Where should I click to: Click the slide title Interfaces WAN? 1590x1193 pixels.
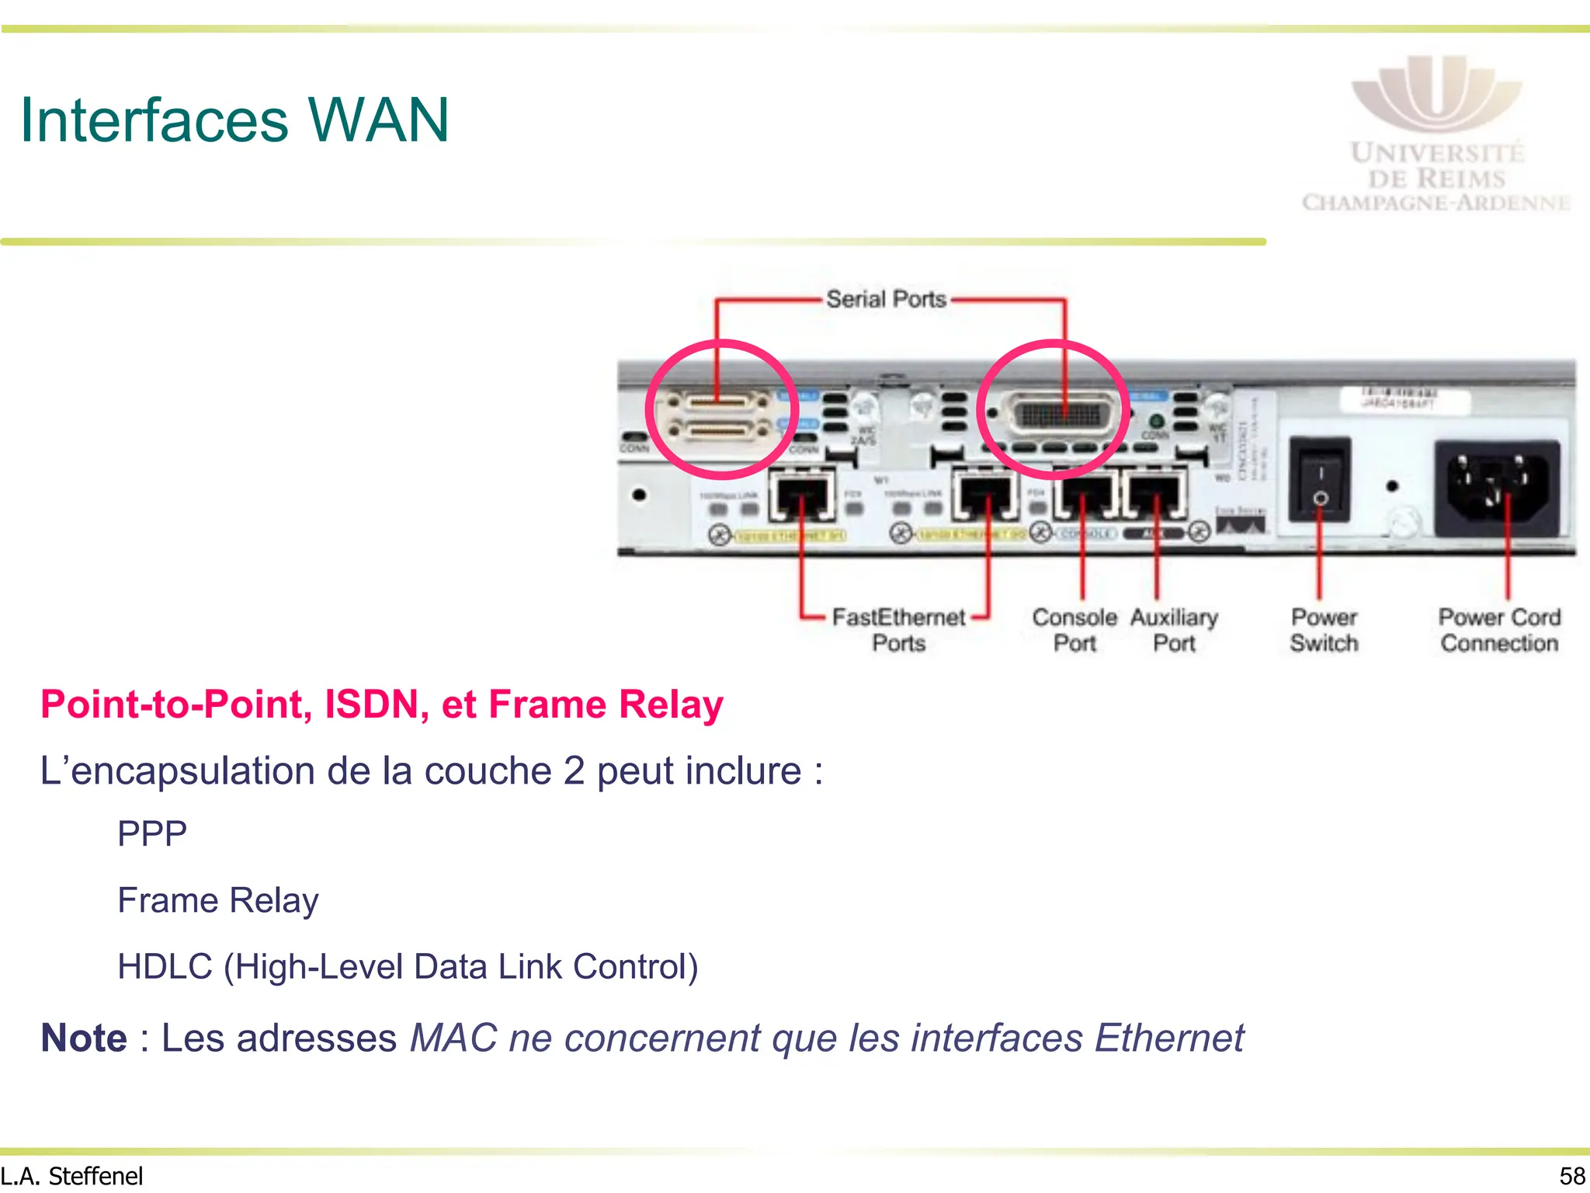tap(234, 120)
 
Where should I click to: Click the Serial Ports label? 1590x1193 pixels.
tap(886, 299)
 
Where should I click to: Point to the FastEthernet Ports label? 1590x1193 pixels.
tap(898, 630)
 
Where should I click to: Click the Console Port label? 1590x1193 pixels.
tap(1074, 630)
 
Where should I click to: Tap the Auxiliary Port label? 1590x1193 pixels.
tap(1174, 630)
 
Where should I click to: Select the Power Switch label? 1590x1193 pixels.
tap(1324, 630)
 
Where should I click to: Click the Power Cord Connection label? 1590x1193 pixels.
tap(1499, 630)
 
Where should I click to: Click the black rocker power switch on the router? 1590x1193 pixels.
tap(1319, 480)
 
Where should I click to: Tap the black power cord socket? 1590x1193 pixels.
tap(1496, 487)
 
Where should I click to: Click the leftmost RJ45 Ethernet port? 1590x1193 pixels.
tap(802, 497)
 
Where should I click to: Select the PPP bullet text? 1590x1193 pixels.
tap(152, 834)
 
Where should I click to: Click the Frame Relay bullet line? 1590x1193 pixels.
tap(218, 901)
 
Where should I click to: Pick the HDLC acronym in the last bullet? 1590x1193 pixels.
tap(165, 967)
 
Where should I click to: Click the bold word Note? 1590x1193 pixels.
tap(84, 1038)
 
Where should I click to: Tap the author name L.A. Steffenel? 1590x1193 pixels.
tap(72, 1176)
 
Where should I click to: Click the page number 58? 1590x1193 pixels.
tap(1572, 1176)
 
